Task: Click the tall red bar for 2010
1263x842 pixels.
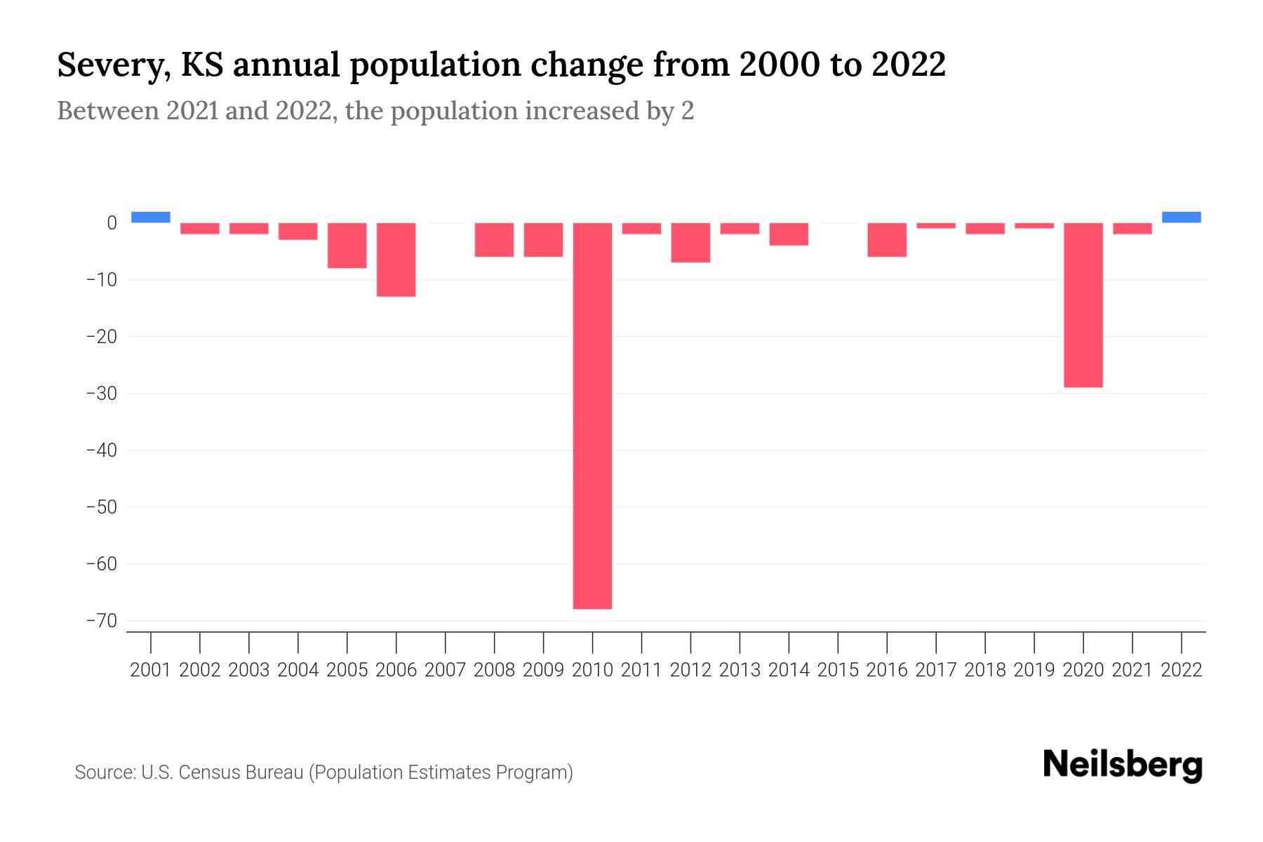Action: (592, 415)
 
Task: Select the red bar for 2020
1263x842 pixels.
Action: (1083, 305)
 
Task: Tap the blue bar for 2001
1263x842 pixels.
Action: (151, 217)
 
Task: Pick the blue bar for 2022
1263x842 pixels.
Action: (1181, 217)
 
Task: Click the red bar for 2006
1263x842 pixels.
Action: (396, 260)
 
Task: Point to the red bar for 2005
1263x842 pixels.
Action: (347, 246)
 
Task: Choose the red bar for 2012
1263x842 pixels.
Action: (690, 243)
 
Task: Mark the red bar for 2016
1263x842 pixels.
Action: (887, 240)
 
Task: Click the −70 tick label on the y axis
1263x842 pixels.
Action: (101, 621)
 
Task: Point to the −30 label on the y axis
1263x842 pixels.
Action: (101, 394)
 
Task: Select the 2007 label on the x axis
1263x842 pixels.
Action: (445, 670)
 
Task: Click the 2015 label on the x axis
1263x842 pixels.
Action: (838, 670)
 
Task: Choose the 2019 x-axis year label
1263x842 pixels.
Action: (1034, 670)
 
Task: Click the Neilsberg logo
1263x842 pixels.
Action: (1122, 765)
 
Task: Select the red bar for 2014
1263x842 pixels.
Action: (789, 234)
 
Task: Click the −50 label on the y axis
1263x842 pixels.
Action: (101, 507)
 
